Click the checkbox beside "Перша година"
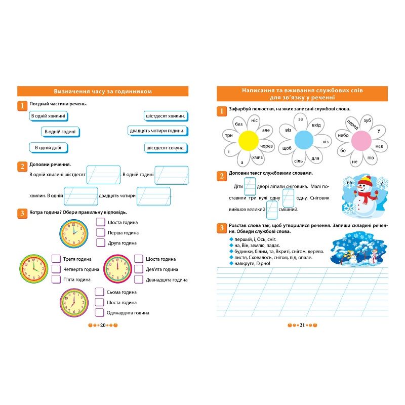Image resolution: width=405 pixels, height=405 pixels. tap(100, 232)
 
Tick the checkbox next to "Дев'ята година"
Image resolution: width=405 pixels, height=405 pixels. tap(139, 269)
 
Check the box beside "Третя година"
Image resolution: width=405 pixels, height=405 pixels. tap(56, 259)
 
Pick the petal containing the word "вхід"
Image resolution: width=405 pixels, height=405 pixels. tap(316, 125)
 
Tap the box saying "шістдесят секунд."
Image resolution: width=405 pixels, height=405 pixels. tap(165, 148)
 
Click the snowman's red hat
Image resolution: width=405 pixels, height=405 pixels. tap(364, 180)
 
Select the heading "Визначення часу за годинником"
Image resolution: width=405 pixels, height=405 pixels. tap(103, 91)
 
